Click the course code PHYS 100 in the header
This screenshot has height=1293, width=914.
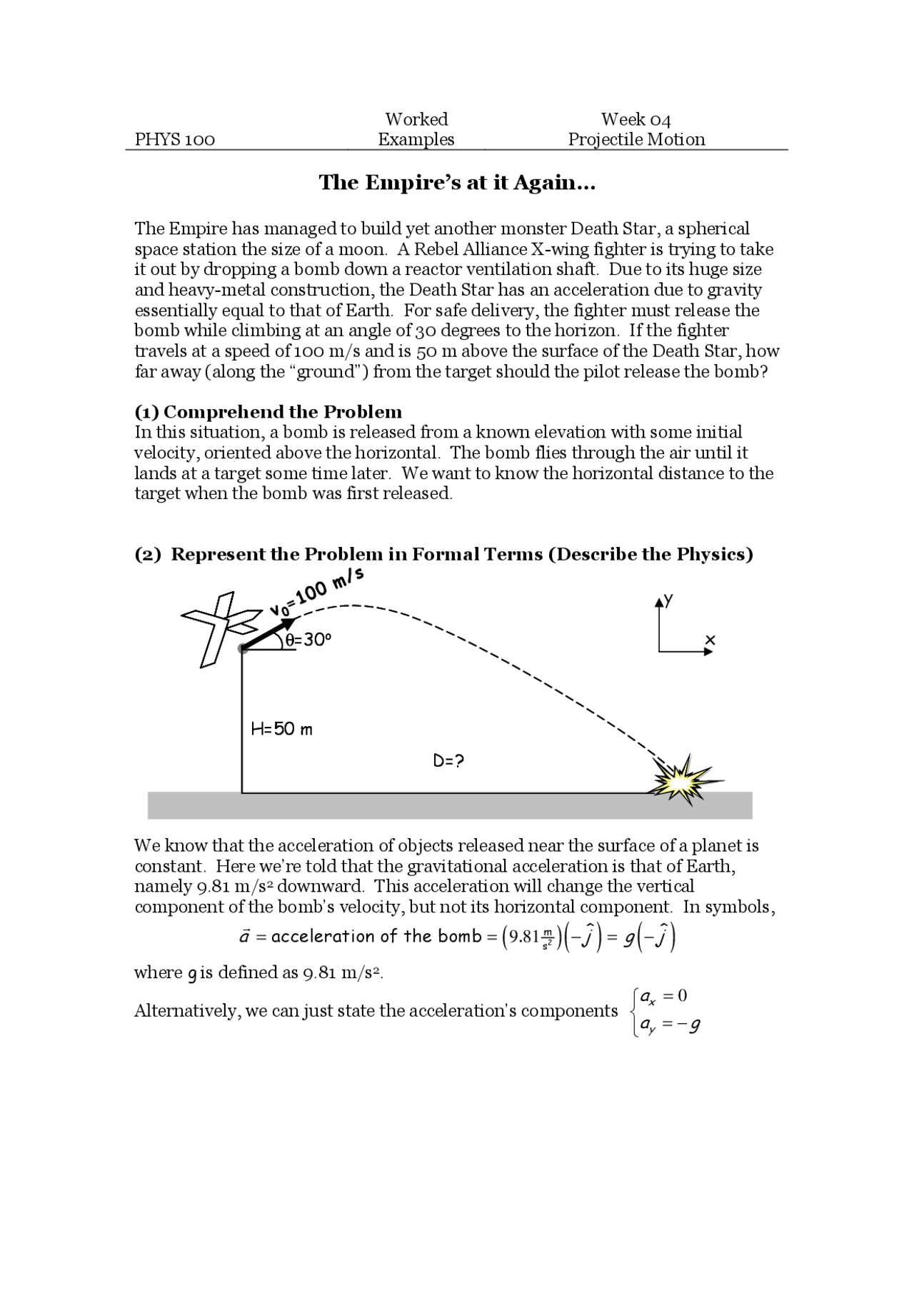point(175,139)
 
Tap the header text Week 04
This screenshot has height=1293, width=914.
point(636,119)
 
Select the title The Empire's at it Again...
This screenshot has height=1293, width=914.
point(457,183)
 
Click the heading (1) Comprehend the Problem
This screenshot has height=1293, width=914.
point(268,412)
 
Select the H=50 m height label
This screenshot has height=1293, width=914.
point(281,729)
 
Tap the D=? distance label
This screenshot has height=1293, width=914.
point(448,761)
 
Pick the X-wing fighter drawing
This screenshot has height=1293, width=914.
point(218,625)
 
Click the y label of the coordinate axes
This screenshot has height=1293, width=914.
point(668,600)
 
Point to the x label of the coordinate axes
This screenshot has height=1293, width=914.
point(709,640)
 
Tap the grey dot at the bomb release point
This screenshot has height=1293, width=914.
point(243,648)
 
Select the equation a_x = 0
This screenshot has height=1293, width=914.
point(664,996)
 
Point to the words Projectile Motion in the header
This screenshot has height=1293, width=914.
point(636,139)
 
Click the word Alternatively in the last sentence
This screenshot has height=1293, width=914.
point(187,1011)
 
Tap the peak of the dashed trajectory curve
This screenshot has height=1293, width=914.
point(350,605)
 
